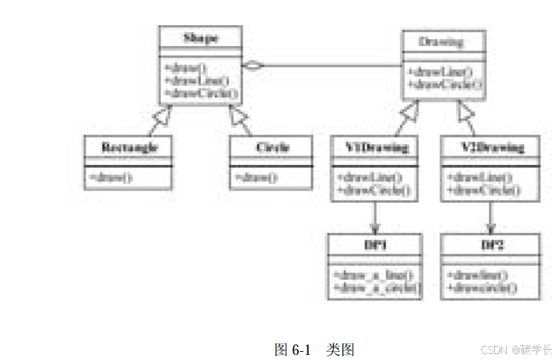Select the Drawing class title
click(x=443, y=41)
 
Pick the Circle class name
click(x=272, y=147)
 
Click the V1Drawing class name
click(x=376, y=147)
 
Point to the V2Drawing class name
click(x=488, y=147)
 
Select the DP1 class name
click(x=375, y=245)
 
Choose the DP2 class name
click(x=488, y=245)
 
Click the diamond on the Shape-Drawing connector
click(x=255, y=66)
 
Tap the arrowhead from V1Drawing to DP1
click(x=375, y=227)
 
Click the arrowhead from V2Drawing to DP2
click(x=490, y=227)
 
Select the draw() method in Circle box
click(x=255, y=177)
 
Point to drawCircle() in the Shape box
click(x=200, y=93)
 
